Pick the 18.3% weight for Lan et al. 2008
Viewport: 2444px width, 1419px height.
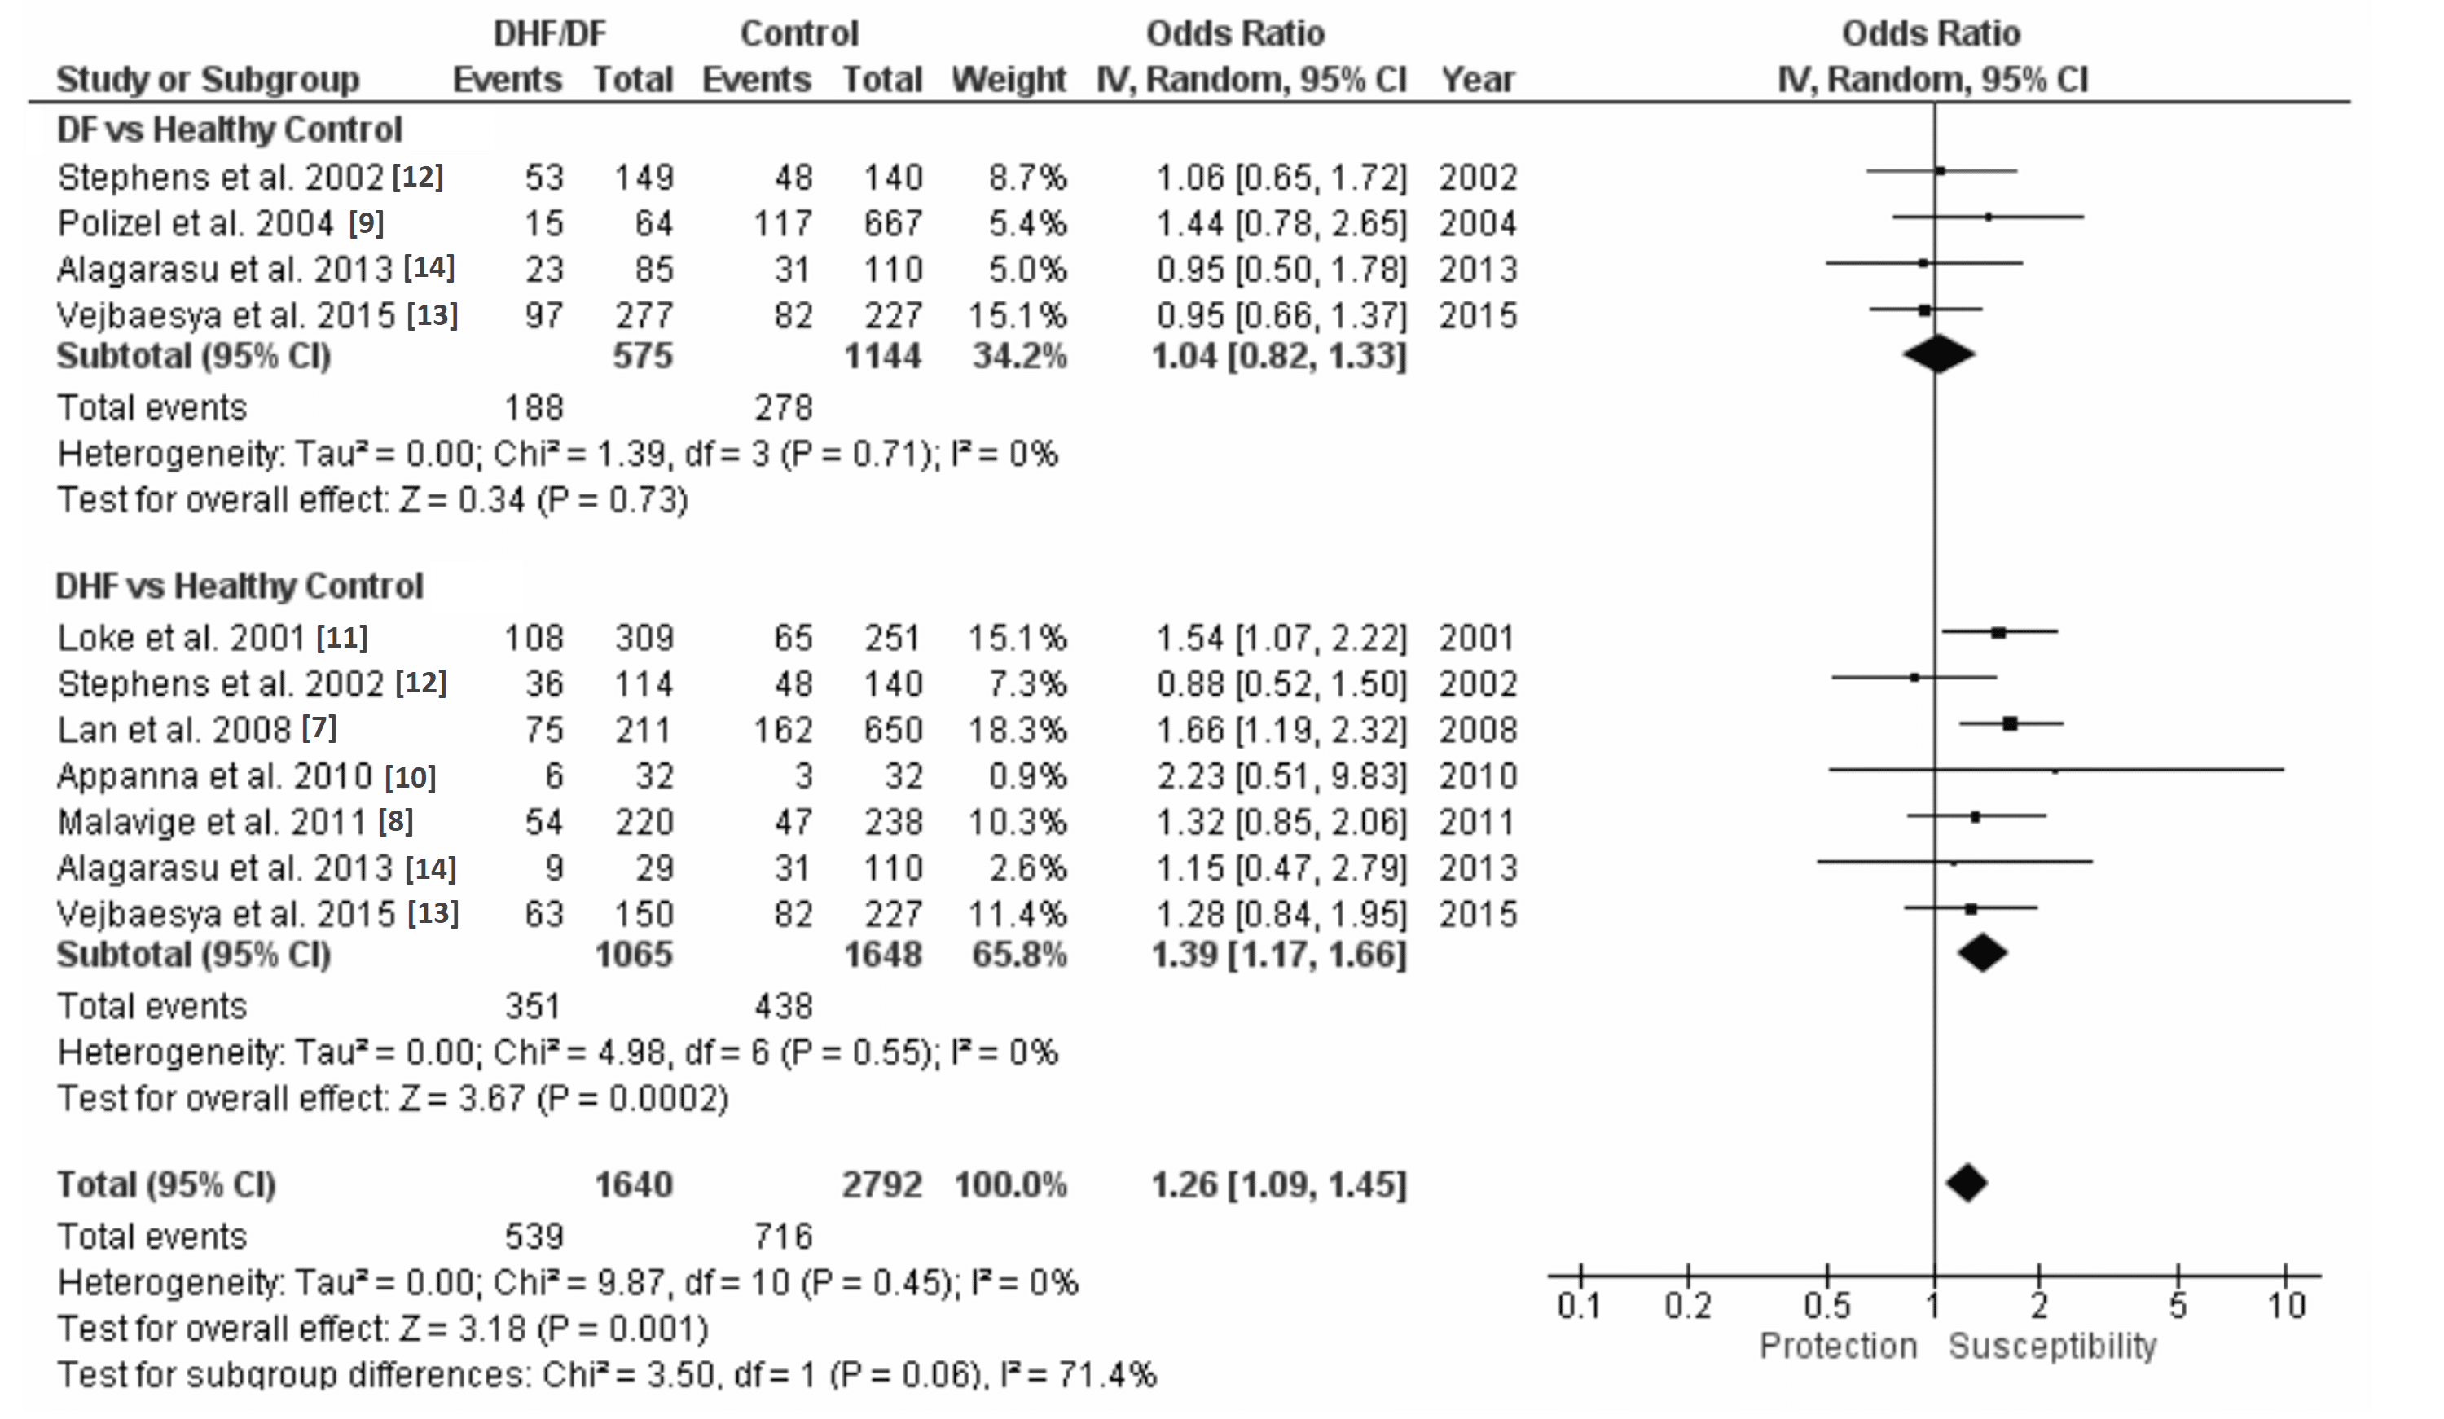pos(1017,729)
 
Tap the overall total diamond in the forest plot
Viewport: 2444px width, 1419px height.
pos(1966,1184)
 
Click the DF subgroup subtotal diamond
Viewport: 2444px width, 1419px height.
pos(1938,354)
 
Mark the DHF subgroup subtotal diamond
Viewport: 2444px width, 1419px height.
pos(1981,952)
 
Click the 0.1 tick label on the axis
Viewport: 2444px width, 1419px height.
pos(1579,1306)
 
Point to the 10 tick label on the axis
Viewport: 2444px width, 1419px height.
pos(2285,1306)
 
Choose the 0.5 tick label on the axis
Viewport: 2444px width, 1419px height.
pos(1826,1306)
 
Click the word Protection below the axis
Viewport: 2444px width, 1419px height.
pos(1838,1347)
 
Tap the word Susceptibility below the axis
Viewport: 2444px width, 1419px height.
pos(2052,1347)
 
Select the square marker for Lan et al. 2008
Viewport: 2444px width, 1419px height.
pos(2010,723)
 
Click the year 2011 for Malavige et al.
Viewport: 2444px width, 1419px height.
pos(1476,822)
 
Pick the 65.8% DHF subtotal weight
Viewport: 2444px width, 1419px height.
pos(1018,955)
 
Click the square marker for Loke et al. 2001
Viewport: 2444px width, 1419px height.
pos(1998,632)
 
